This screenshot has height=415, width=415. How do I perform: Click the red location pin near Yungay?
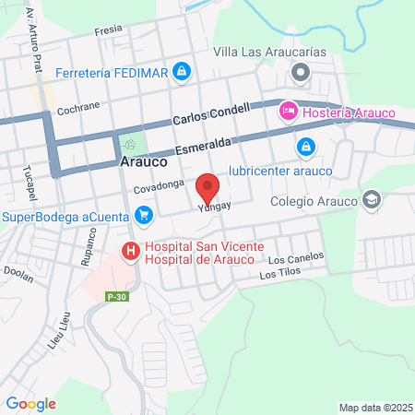click(208, 188)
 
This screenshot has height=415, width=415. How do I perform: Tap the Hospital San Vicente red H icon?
click(131, 250)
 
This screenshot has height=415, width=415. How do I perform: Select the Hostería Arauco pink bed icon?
click(287, 112)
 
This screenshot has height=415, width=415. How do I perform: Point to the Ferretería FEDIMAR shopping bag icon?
click(183, 70)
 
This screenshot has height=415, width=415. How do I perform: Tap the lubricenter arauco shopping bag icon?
click(306, 146)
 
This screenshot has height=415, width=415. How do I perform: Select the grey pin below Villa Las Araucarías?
click(299, 72)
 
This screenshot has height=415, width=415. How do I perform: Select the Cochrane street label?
click(77, 108)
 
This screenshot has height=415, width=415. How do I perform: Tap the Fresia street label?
click(108, 30)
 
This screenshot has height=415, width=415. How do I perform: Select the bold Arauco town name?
click(143, 160)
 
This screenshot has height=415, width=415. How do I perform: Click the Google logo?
click(31, 403)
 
